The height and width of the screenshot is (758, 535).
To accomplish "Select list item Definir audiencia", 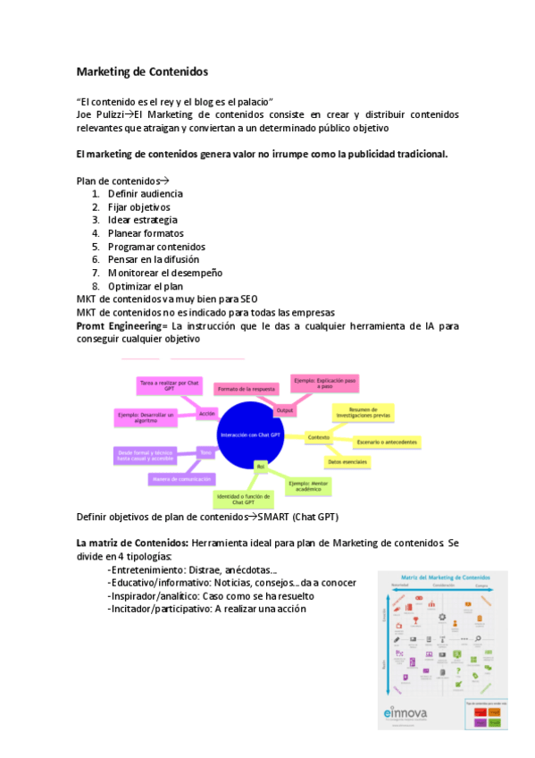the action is (x=145, y=193).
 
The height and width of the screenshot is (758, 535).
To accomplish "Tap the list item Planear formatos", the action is (x=146, y=233).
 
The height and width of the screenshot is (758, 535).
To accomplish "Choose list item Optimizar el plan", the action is (x=145, y=286).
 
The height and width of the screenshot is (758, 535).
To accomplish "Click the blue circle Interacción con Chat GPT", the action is (x=256, y=435).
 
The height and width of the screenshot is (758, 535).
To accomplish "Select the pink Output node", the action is (x=284, y=410).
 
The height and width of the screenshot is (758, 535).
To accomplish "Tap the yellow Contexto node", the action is (x=317, y=437).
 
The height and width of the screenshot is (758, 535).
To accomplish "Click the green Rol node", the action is (x=261, y=467).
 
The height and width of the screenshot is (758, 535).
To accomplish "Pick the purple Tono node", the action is (x=206, y=452).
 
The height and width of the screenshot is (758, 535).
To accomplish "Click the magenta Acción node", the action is (x=207, y=413).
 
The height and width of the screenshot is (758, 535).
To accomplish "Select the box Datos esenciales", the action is (x=347, y=461).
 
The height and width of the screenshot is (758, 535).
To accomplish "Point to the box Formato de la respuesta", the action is (x=245, y=390).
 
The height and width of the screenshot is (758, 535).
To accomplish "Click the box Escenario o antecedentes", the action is (x=387, y=442).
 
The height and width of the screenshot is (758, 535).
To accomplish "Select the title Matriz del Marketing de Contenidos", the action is (x=453, y=578).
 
